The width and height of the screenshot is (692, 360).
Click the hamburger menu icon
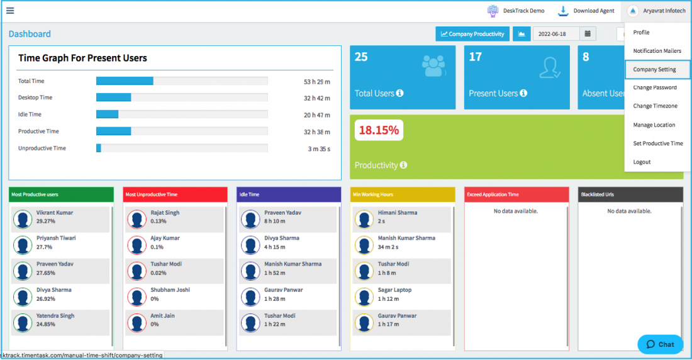pyautogui.click(x=10, y=10)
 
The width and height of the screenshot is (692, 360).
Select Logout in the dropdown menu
pyautogui.click(x=642, y=162)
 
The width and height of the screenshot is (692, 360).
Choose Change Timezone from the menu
pyautogui.click(x=655, y=106)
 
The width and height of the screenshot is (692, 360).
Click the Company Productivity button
pyautogui.click(x=472, y=34)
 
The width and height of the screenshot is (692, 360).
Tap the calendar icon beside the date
pyautogui.click(x=588, y=34)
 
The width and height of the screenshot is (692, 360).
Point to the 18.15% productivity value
pyautogui.click(x=379, y=130)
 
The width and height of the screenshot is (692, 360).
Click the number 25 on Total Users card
pyautogui.click(x=361, y=57)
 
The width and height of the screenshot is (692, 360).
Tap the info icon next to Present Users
pyautogui.click(x=523, y=93)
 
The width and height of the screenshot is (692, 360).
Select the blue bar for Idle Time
pyautogui.click(x=107, y=115)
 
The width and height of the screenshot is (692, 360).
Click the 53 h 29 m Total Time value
pyautogui.click(x=317, y=82)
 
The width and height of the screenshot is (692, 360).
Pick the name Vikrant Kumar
pyautogui.click(x=55, y=213)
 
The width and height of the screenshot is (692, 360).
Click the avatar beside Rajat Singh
pyautogui.click(x=137, y=219)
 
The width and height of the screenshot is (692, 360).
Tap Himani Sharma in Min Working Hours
pyautogui.click(x=397, y=213)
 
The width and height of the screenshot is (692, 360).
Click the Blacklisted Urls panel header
pyautogui.click(x=630, y=194)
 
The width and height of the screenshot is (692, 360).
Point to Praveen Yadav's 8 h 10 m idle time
pyautogui.click(x=274, y=222)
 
